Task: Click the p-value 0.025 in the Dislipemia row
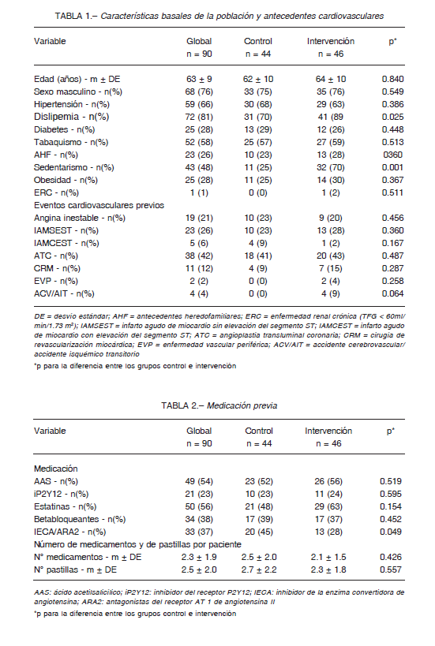click(392, 117)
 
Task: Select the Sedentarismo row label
click(73, 167)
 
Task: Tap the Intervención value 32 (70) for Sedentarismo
click(330, 167)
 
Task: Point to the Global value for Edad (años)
click(199, 79)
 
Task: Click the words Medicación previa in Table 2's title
click(242, 405)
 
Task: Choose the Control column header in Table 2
click(259, 431)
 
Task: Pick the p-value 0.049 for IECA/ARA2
click(391, 532)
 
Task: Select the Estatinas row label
click(66, 506)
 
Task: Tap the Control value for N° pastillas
click(259, 569)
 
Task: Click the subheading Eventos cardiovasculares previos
click(99, 205)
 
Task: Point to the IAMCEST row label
click(66, 243)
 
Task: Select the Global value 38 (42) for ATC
click(199, 256)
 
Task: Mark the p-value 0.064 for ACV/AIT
click(392, 293)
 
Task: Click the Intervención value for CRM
click(330, 269)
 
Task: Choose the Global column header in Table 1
click(199, 41)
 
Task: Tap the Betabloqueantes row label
click(80, 519)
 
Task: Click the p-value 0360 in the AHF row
click(392, 155)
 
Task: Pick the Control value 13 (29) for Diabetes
click(257, 130)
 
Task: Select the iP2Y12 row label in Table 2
click(62, 494)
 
